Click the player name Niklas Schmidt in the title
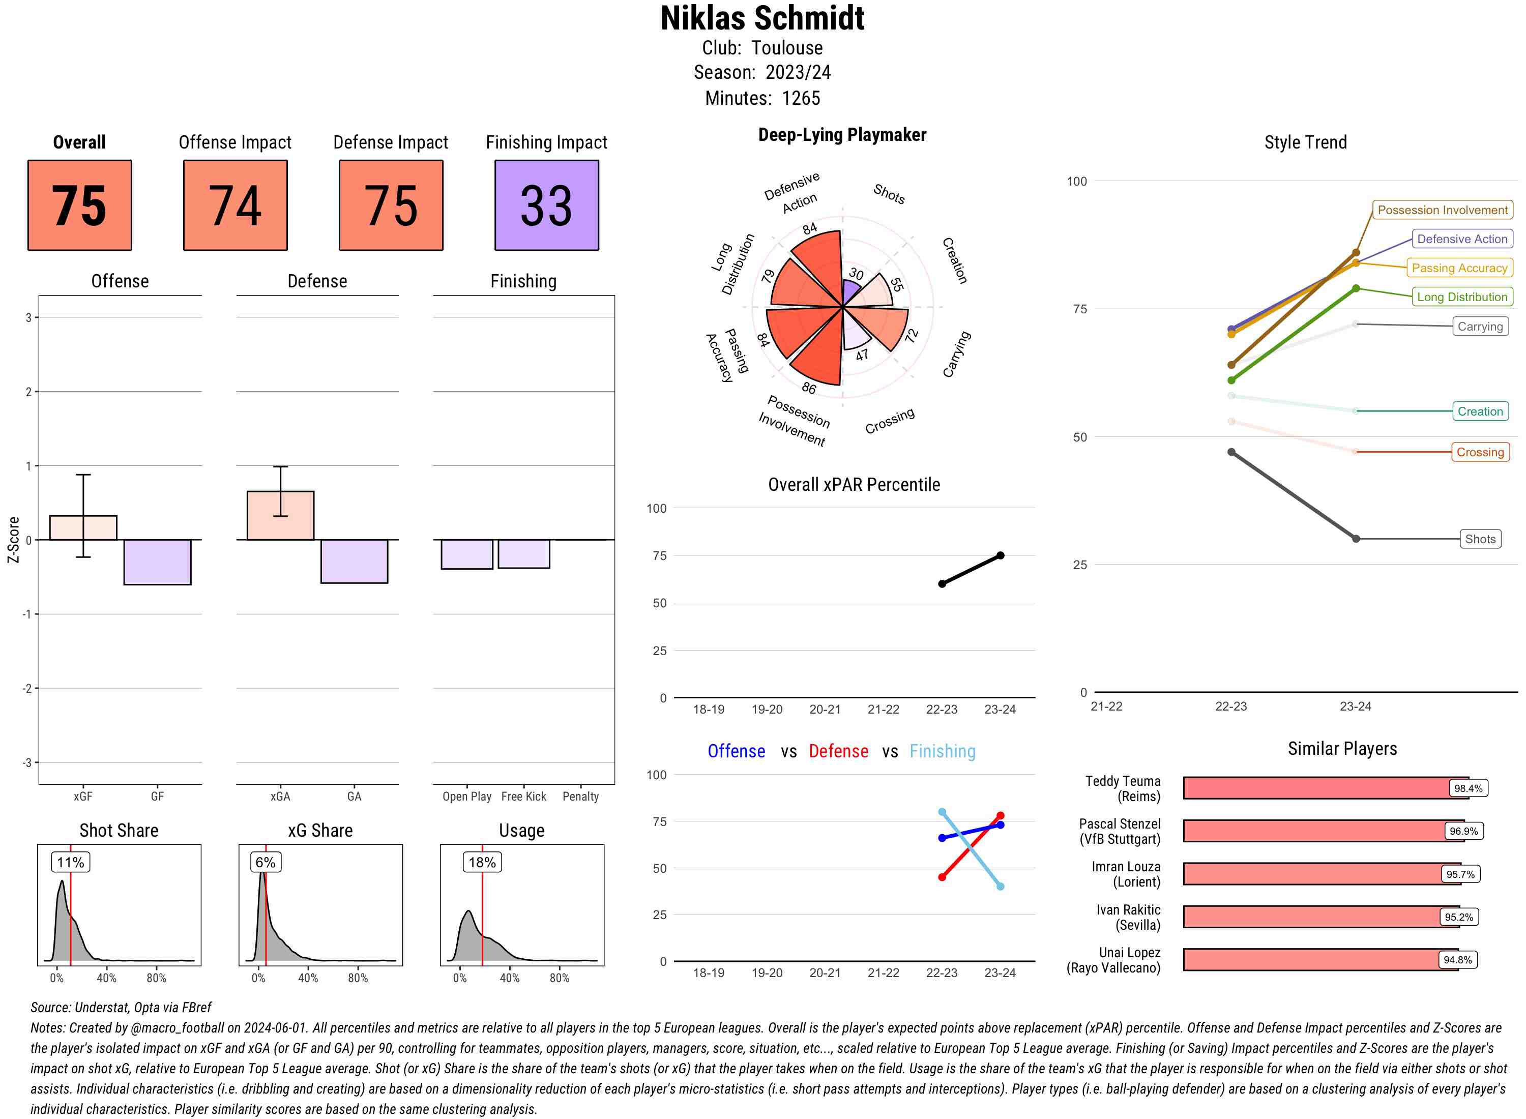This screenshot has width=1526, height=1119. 762,18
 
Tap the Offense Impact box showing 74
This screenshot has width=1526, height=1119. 235,205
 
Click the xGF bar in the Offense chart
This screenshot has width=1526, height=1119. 83,527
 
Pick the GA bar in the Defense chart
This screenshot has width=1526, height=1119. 354,561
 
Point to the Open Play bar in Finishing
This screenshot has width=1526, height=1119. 466,554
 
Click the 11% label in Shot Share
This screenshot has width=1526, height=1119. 70,862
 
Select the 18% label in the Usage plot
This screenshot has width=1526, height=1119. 482,862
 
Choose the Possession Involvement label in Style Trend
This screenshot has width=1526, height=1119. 1442,210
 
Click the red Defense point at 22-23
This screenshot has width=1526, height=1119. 942,877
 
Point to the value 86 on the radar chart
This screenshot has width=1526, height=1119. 809,388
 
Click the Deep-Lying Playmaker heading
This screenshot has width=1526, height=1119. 842,135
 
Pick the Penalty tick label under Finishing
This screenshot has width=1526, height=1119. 580,797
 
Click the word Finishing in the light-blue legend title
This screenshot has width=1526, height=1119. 942,751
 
